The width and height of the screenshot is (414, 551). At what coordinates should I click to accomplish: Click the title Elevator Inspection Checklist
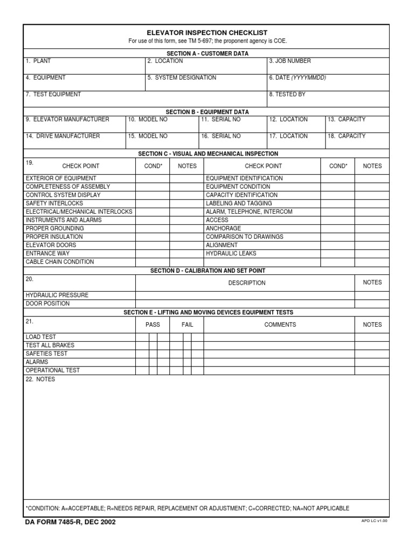(207, 33)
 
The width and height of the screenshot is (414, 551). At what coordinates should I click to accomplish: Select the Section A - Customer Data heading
(207, 54)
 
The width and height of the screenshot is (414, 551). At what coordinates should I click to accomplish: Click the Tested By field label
(287, 95)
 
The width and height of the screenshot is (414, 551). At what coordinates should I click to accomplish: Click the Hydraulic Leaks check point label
(231, 253)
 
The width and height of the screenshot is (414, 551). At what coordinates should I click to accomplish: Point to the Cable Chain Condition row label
(60, 262)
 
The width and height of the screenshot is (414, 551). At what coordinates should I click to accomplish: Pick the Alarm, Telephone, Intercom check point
(249, 212)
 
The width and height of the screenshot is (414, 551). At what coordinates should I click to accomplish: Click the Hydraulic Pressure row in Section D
(57, 295)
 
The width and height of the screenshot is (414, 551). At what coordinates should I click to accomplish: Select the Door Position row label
(47, 304)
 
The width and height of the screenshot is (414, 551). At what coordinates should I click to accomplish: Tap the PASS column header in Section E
(153, 325)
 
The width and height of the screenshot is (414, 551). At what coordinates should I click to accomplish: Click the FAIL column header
(187, 325)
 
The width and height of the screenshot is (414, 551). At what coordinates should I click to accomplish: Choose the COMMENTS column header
(280, 325)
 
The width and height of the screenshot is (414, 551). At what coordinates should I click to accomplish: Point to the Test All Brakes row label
(50, 345)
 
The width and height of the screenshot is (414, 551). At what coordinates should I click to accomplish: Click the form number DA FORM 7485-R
(70, 522)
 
